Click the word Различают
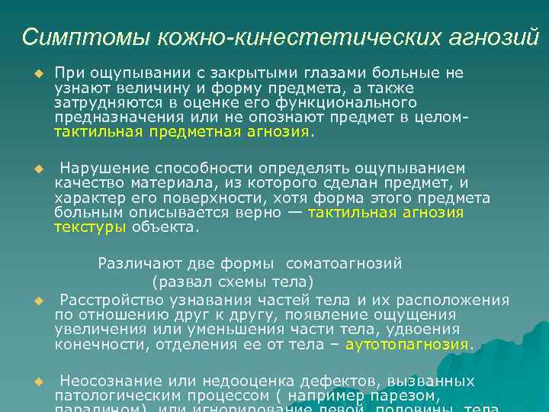[x=134, y=264]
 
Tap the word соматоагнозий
[x=344, y=264]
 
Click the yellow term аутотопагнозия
[x=408, y=344]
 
